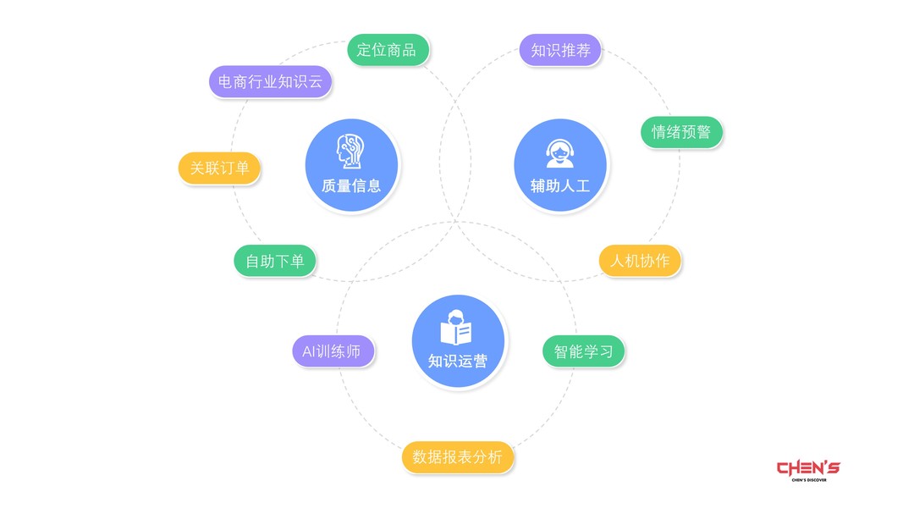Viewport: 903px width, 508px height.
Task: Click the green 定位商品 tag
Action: tap(387, 50)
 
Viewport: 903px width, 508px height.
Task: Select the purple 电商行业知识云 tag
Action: tap(270, 82)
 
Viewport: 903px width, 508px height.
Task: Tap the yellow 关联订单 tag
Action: tap(219, 168)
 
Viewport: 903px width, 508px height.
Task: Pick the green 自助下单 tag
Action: tap(275, 261)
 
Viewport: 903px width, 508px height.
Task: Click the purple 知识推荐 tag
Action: tap(560, 50)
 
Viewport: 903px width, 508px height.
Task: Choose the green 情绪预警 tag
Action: tap(681, 132)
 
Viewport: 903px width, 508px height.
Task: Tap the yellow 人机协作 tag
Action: tap(640, 260)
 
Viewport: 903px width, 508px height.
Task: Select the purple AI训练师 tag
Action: tap(333, 351)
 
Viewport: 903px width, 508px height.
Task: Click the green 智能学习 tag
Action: tap(583, 351)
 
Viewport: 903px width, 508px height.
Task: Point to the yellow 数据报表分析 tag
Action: tap(457, 457)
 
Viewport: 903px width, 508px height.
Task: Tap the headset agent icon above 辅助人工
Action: tap(560, 152)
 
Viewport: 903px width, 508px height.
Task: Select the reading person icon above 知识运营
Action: tap(457, 328)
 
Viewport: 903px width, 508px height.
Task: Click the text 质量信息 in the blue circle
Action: tap(351, 185)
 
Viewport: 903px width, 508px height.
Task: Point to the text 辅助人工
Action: tap(560, 185)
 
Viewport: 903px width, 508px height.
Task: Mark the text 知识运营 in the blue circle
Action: tap(457, 361)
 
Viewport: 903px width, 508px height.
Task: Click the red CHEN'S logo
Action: tap(808, 467)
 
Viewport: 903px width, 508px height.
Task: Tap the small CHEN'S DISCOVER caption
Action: tap(808, 480)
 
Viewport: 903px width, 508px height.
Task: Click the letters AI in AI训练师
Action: tap(309, 351)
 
